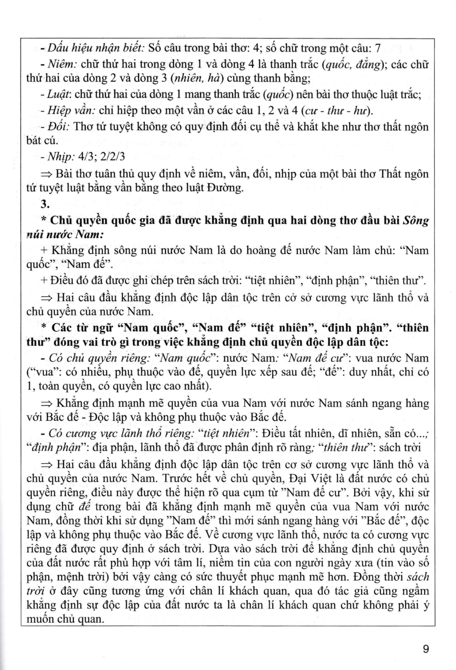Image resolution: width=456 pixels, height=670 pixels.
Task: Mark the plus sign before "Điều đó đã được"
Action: tap(44, 281)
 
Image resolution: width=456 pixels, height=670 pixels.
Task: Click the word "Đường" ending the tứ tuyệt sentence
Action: tap(227, 188)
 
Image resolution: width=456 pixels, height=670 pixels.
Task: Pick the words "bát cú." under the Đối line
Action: tap(42, 141)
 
